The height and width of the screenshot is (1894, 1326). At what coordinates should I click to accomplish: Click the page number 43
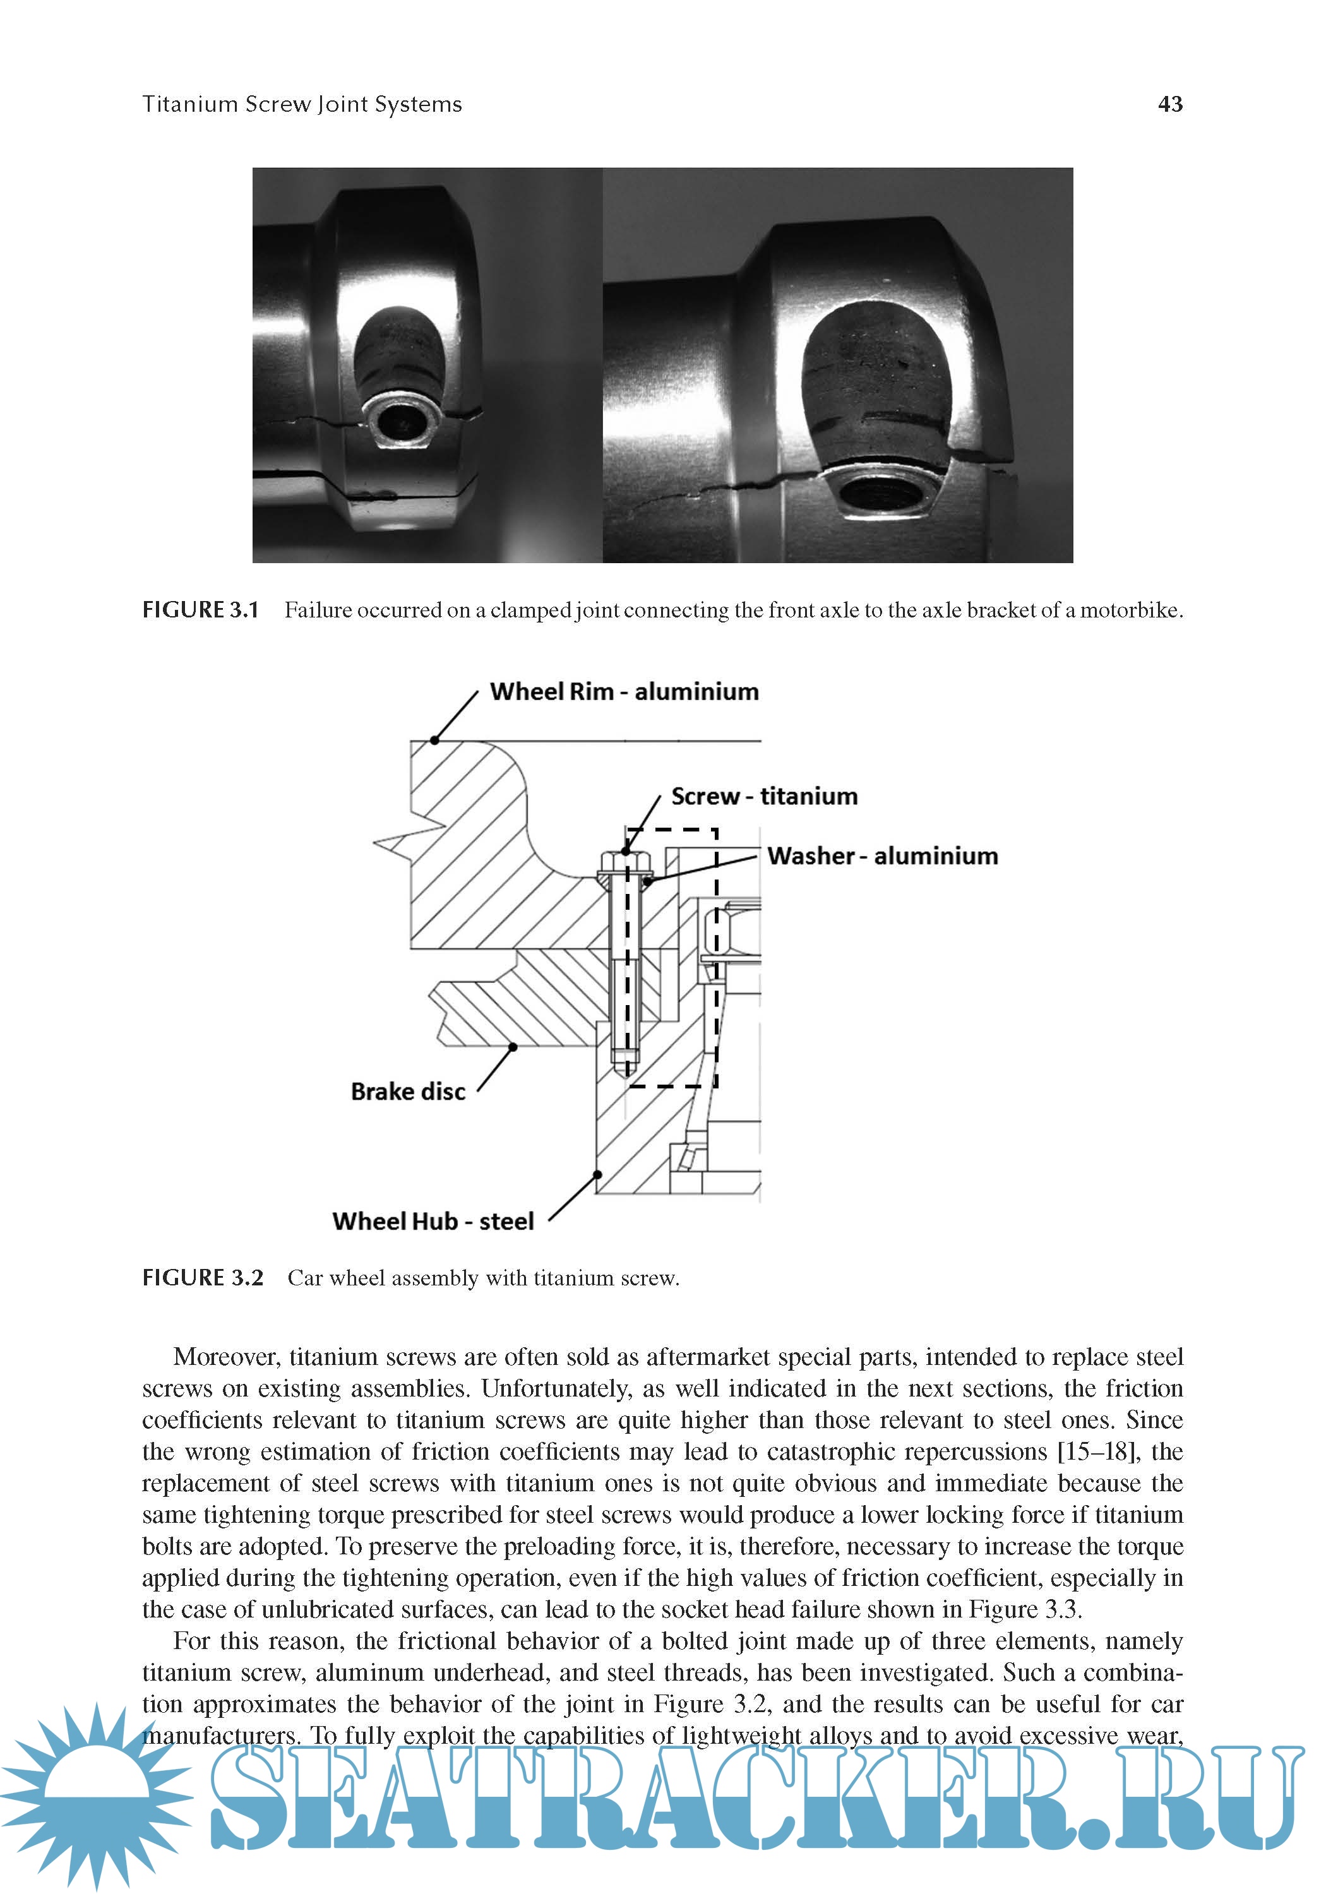1169,104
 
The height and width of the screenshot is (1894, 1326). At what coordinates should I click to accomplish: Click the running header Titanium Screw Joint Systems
302,105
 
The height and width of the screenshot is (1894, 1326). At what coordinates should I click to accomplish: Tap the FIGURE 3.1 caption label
201,610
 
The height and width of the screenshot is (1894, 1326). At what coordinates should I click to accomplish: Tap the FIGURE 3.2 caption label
202,1278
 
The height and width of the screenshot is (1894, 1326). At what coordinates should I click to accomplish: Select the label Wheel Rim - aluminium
624,691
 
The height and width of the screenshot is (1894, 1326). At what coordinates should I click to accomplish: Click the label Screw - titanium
763,796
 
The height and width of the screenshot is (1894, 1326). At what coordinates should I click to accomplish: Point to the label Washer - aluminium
881,855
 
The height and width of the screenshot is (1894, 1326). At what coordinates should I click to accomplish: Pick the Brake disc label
408,1092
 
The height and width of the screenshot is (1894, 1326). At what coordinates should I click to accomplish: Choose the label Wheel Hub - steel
433,1221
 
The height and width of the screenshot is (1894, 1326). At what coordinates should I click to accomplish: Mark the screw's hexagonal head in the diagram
624,864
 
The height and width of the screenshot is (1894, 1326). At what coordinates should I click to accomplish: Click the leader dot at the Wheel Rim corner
435,740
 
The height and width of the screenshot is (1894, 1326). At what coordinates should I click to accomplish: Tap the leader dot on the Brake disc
513,1047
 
